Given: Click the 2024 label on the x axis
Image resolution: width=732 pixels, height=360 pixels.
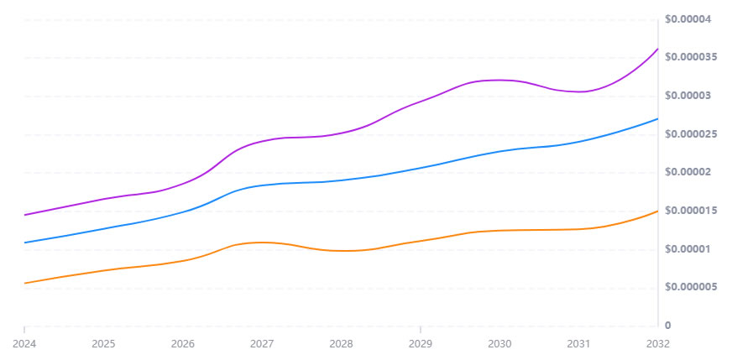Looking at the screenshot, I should [x=24, y=343].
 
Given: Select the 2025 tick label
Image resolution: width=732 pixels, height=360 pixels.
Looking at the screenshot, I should [x=103, y=343].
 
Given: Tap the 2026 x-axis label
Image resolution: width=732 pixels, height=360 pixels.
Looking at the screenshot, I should [x=182, y=343].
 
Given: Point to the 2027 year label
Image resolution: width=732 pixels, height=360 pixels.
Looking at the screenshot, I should [x=262, y=343].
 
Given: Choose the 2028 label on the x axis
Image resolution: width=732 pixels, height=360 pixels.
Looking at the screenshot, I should [x=341, y=343].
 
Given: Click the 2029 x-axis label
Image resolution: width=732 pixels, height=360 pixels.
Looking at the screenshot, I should [x=421, y=343].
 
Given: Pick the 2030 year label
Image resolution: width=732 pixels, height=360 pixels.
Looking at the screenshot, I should [x=499, y=343].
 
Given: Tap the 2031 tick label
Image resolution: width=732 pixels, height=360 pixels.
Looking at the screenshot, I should [x=578, y=343].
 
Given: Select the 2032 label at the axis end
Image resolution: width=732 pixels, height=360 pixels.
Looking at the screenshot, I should [x=657, y=343].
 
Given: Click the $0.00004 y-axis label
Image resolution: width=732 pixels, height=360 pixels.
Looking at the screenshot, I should [x=688, y=19].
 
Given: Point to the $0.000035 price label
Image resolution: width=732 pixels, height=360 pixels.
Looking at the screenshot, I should [x=691, y=57].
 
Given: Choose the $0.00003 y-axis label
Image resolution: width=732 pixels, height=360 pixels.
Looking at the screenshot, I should [x=688, y=96].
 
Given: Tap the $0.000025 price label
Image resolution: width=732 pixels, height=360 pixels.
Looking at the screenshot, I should [x=691, y=134].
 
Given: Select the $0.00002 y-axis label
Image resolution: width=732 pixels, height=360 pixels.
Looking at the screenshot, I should [x=688, y=173].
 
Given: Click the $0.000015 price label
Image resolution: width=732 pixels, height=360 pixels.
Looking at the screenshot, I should [x=691, y=211].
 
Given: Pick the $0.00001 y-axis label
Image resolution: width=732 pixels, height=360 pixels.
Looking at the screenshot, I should [x=688, y=249].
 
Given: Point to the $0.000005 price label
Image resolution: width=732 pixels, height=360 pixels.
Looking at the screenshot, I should [x=691, y=287].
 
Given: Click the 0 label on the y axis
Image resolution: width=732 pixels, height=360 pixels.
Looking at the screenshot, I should [x=667, y=326].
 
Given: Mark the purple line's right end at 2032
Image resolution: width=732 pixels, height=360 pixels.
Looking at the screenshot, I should [x=657, y=49].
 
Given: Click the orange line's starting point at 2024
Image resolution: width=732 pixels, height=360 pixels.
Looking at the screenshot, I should [x=24, y=284].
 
